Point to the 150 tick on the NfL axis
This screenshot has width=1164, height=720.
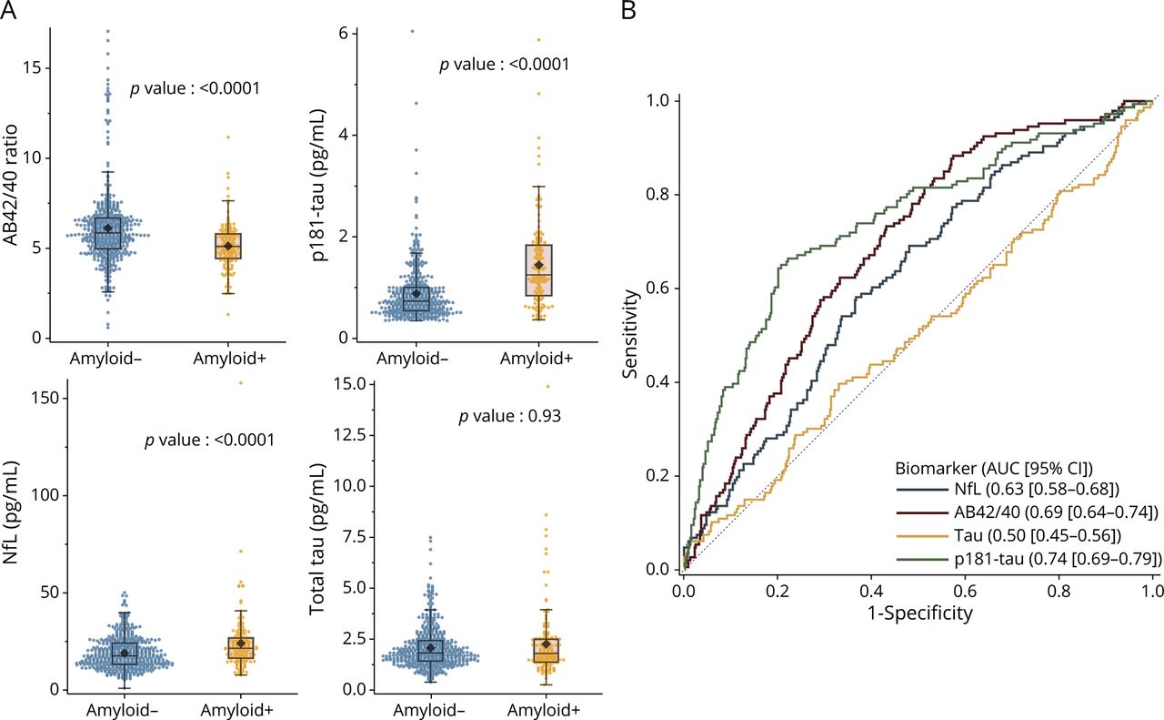(52, 398)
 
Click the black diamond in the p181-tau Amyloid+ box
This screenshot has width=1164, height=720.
(538, 265)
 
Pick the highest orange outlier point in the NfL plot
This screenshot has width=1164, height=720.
(241, 383)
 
